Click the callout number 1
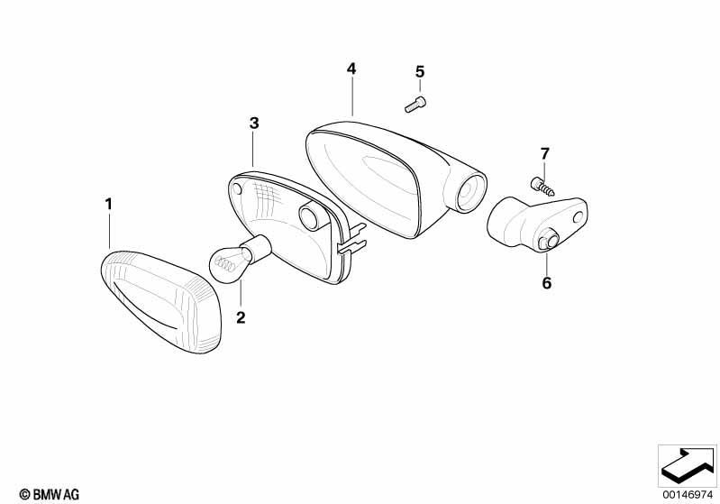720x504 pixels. click(108, 204)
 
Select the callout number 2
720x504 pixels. click(241, 317)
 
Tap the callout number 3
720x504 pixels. click(254, 124)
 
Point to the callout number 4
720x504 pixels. click(351, 69)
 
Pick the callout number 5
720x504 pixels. click(420, 72)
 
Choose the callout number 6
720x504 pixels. click(546, 283)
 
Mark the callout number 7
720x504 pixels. click(544, 153)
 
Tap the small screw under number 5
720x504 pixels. click(415, 105)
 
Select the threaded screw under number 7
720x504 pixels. click(542, 187)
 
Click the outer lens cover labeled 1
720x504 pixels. click(160, 302)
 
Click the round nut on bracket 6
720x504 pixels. click(548, 242)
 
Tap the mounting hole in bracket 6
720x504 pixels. click(578, 217)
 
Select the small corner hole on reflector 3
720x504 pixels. click(237, 189)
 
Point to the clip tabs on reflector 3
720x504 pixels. click(351, 239)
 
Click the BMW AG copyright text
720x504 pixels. click(50, 494)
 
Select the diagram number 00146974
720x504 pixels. click(688, 495)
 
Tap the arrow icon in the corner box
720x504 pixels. click(688, 466)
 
